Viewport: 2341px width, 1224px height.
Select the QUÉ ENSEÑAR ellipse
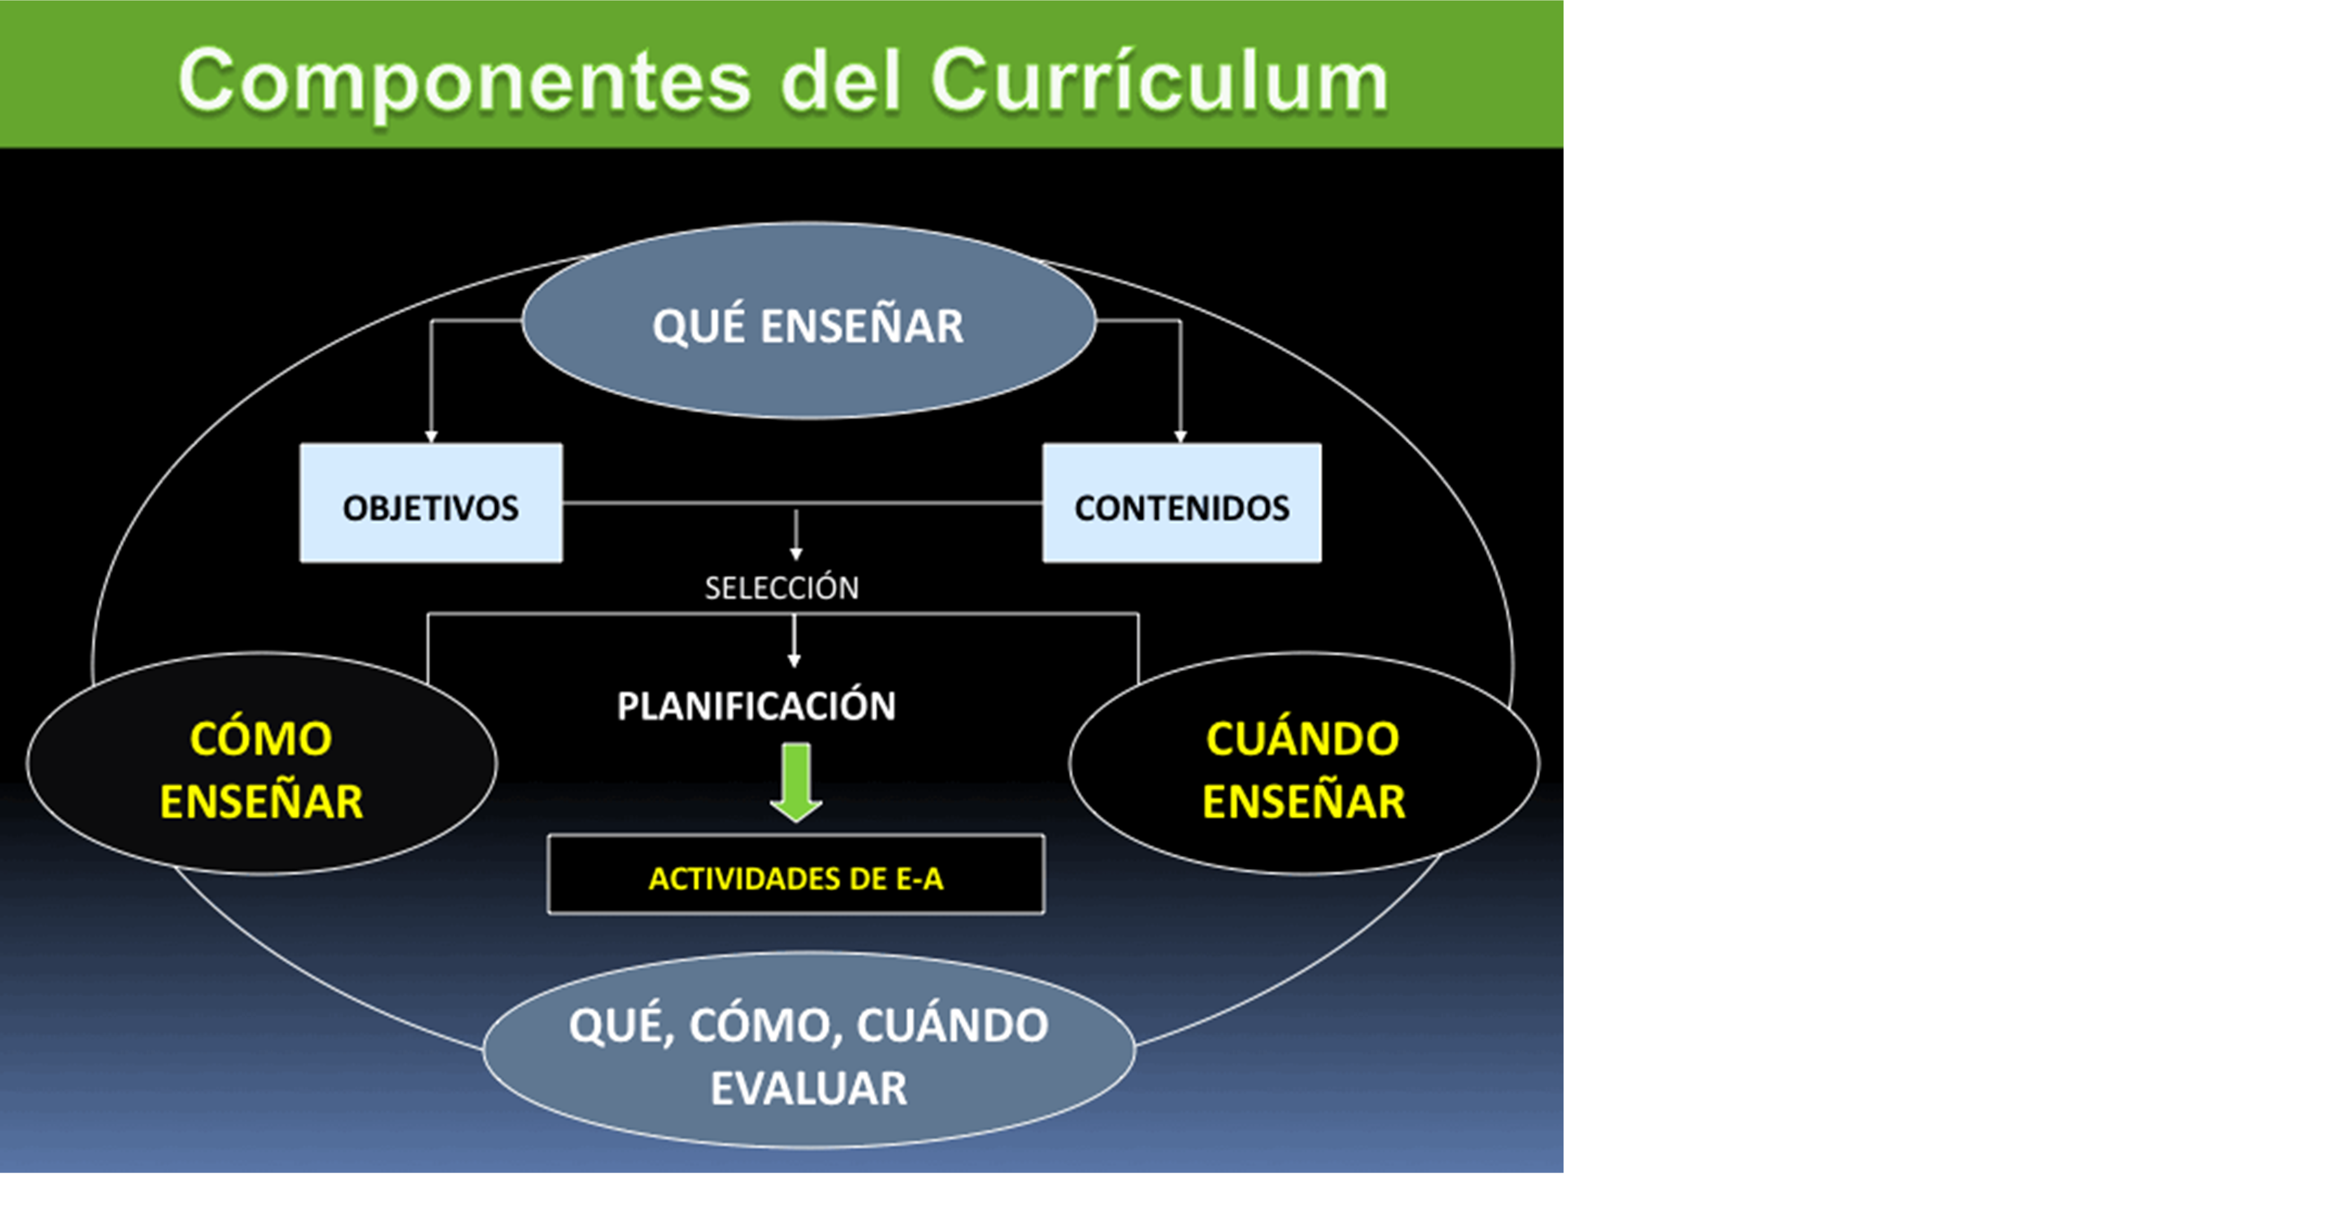(x=809, y=321)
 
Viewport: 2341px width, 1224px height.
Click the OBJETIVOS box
(x=431, y=503)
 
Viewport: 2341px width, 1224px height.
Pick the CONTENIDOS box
(x=1181, y=503)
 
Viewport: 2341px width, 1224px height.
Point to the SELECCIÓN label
(x=781, y=588)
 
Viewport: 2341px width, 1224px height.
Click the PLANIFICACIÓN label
(x=756, y=706)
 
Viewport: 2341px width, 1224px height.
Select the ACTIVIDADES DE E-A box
(x=796, y=874)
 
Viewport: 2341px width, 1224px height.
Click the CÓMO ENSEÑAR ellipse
(x=262, y=763)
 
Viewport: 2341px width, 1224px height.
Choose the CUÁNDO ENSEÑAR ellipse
(x=1304, y=763)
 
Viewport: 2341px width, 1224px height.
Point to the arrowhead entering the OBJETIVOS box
(x=431, y=437)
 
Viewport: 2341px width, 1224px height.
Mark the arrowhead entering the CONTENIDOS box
(x=1181, y=437)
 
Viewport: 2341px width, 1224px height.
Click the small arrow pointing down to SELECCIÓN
(x=796, y=535)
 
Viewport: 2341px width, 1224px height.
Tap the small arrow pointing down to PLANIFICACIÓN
(x=794, y=641)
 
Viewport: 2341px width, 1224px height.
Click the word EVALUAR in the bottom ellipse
(x=809, y=1089)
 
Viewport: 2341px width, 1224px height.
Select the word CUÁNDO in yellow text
(x=1302, y=738)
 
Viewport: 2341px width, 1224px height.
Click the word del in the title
(x=840, y=82)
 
